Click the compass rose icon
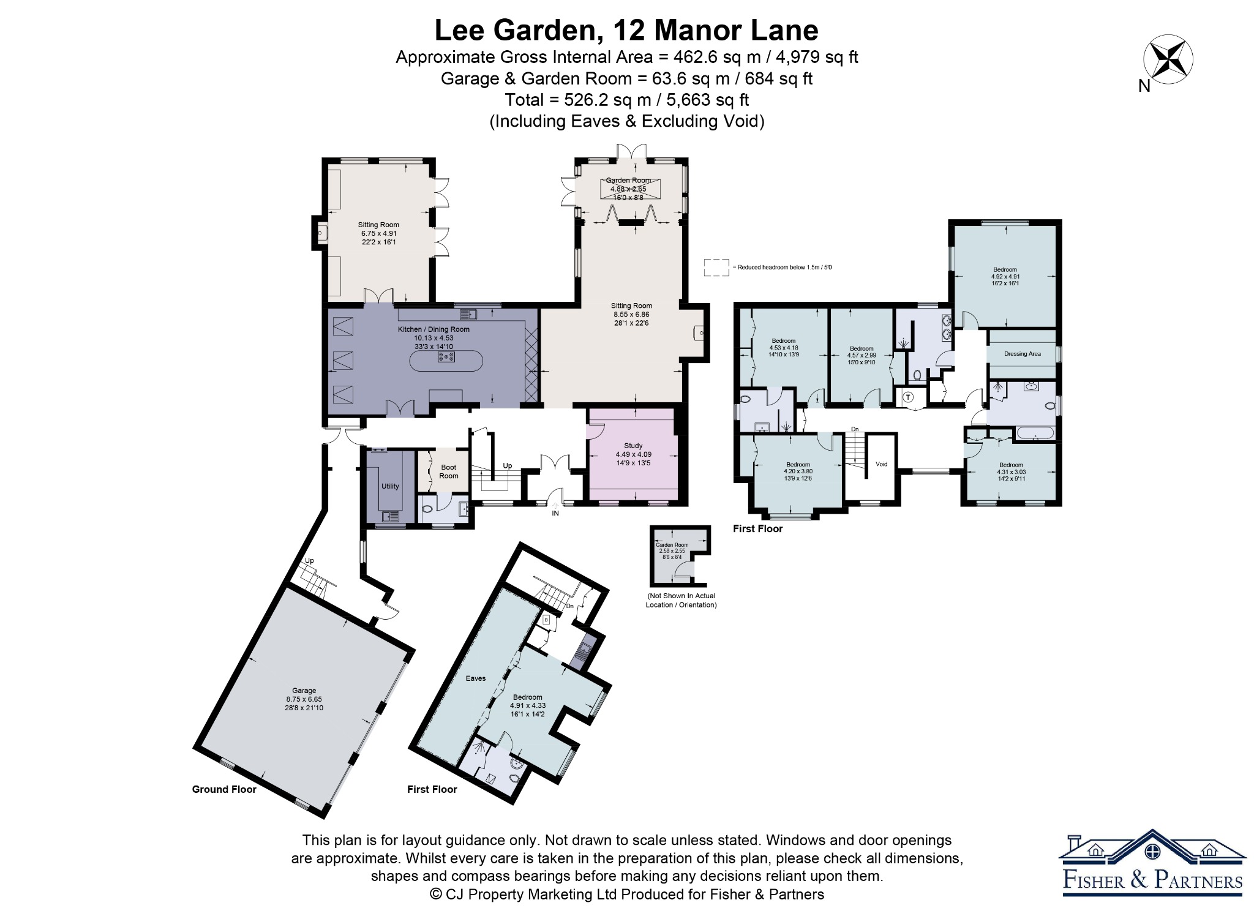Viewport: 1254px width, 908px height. click(x=1168, y=59)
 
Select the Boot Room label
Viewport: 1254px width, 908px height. click(x=449, y=471)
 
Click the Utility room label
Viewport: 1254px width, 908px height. click(x=390, y=486)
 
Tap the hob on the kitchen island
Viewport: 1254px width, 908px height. click(x=446, y=356)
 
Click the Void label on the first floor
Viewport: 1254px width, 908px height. click(x=881, y=464)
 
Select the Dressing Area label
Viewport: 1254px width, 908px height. click(x=1023, y=354)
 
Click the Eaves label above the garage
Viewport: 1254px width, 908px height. click(x=476, y=678)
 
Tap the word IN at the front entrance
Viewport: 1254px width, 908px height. click(x=555, y=513)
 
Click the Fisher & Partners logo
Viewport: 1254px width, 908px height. click(x=1152, y=863)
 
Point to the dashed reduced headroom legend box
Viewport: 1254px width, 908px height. click(x=716, y=268)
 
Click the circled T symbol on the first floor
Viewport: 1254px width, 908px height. click(x=908, y=397)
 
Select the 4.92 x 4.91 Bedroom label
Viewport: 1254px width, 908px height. click(x=1005, y=276)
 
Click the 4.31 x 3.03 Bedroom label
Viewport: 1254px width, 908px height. click(x=1011, y=471)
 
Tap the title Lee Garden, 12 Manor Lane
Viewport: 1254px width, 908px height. click(x=626, y=30)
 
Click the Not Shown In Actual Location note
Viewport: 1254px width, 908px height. click(x=681, y=600)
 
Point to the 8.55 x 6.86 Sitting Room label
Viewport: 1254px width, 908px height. click(x=631, y=314)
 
